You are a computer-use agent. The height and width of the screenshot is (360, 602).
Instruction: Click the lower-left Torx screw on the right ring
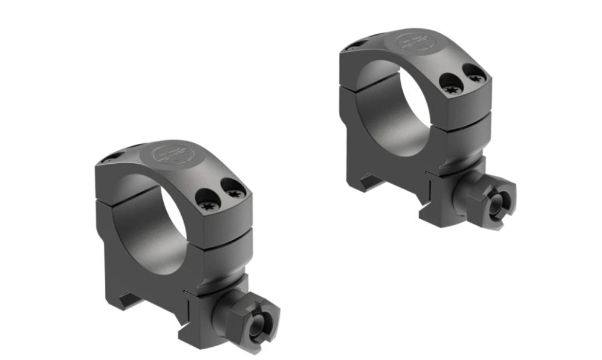coord(451,88)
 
